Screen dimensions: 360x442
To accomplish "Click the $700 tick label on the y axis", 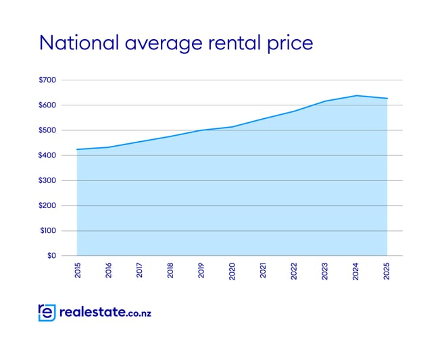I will [x=48, y=80].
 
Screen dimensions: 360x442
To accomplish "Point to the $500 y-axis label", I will [x=48, y=130].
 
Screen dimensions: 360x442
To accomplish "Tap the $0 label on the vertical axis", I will [x=51, y=256].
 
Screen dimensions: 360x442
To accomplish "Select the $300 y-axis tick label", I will [x=48, y=180].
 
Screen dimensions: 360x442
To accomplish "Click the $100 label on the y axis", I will [x=48, y=231].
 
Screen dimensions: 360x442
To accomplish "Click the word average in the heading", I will [x=164, y=43].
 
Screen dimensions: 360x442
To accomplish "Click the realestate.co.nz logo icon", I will [x=47, y=313].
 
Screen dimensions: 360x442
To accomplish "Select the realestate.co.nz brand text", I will [x=105, y=313].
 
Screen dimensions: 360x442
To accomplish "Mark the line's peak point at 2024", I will [x=357, y=95].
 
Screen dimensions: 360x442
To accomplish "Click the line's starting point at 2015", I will [x=78, y=149].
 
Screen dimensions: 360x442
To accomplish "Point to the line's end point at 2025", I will [x=387, y=99].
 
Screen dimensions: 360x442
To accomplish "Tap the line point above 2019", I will [x=201, y=130].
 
